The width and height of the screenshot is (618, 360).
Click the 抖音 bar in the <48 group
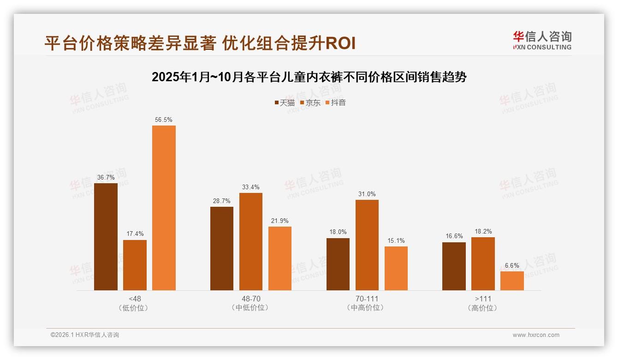click(x=164, y=208)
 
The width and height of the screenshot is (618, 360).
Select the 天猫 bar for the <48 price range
click(x=106, y=237)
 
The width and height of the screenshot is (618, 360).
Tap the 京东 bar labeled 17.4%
click(x=135, y=265)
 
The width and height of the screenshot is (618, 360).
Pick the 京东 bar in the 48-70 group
click(x=251, y=241)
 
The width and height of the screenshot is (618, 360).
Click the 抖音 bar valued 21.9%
click(x=280, y=258)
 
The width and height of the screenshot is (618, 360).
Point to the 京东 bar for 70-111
click(x=367, y=245)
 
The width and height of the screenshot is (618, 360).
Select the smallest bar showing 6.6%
click(x=512, y=281)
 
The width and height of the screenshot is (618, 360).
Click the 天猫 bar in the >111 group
click(x=454, y=266)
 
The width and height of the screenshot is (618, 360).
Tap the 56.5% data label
click(x=164, y=120)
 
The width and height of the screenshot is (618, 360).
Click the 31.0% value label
click(x=367, y=194)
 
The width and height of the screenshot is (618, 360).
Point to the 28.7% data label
click(x=222, y=201)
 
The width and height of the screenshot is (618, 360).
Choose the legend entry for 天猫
click(x=285, y=103)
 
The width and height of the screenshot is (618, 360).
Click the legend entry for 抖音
click(x=336, y=103)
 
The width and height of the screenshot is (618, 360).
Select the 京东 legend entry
click(x=310, y=103)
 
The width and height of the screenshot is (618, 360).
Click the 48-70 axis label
click(x=251, y=299)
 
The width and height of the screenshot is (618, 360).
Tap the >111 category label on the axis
click(x=482, y=299)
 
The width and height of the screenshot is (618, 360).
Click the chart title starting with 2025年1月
click(x=309, y=77)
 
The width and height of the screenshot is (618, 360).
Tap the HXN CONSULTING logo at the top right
click(x=542, y=41)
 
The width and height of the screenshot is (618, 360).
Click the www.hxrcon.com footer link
click(x=536, y=335)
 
